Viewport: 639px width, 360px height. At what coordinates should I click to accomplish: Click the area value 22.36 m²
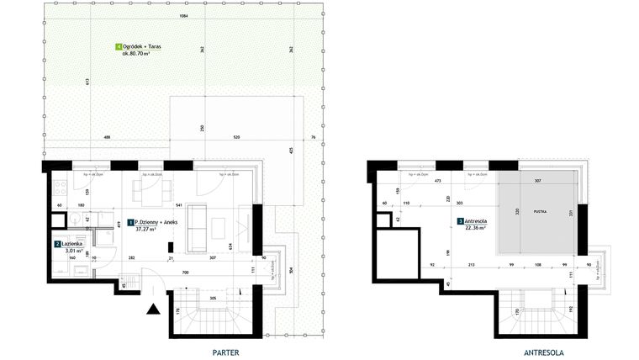pyautogui.click(x=477, y=230)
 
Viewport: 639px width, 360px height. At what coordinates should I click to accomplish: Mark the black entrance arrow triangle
pyautogui.click(x=154, y=310)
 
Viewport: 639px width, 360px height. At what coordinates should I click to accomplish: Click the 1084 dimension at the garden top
pyautogui.click(x=182, y=17)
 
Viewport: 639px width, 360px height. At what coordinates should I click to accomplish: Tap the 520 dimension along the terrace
pyautogui.click(x=237, y=137)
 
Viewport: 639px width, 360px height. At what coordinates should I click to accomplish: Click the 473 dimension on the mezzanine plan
pyautogui.click(x=437, y=180)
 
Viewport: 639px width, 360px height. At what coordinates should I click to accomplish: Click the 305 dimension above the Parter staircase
pyautogui.click(x=214, y=299)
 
